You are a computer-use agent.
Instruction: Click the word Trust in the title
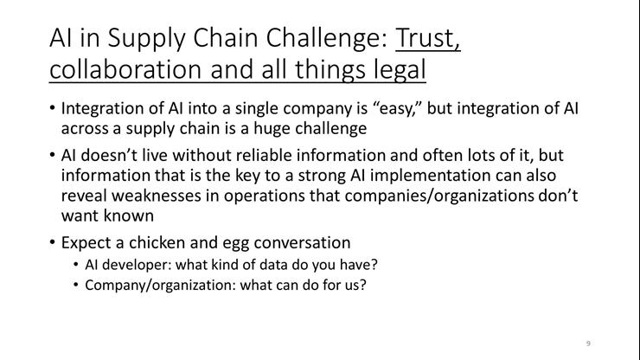tap(427, 39)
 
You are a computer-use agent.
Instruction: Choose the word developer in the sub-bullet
tap(140, 265)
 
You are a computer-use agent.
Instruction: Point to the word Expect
tap(85, 242)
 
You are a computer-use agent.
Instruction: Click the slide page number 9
tap(588, 344)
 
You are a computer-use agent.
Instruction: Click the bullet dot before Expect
tap(53, 242)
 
